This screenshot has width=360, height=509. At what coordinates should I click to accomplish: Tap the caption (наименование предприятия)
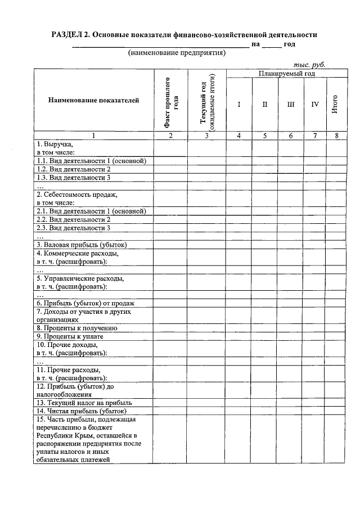[x=177, y=53]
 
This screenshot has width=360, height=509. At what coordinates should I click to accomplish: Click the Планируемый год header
[x=286, y=74]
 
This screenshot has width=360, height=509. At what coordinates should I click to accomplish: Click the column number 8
[x=335, y=136]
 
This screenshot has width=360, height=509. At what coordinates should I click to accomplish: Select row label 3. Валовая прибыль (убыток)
[x=82, y=245]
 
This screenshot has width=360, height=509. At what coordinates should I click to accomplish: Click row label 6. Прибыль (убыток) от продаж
[x=85, y=303]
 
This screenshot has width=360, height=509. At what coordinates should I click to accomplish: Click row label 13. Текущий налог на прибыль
[x=84, y=403]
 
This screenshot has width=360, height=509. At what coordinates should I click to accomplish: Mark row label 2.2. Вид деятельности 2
[x=73, y=219]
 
